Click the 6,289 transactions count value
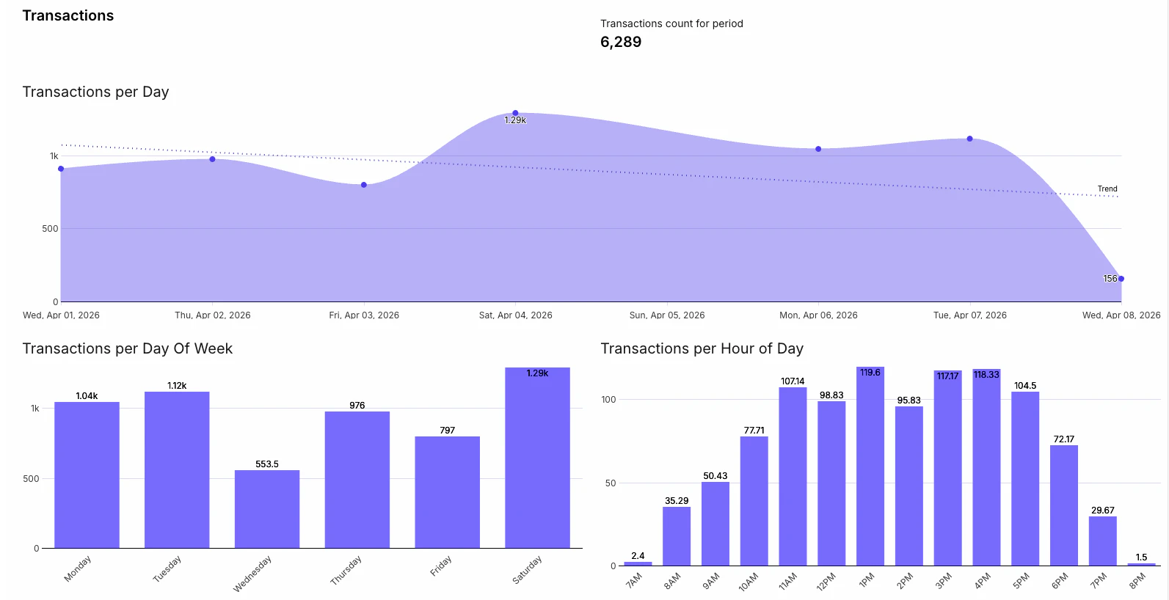[x=621, y=43]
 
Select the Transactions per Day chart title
[x=95, y=92]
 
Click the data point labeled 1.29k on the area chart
[x=515, y=113]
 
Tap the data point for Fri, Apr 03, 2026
[x=364, y=185]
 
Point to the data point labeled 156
[x=1121, y=279]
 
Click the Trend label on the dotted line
[x=1107, y=189]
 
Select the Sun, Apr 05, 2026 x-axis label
[x=667, y=315]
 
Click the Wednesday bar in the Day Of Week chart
[x=267, y=509]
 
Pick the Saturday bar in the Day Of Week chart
[x=537, y=458]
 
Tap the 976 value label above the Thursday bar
[x=357, y=406]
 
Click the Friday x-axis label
[x=441, y=566]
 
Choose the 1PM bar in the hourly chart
[x=870, y=466]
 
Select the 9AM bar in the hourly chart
[x=715, y=523]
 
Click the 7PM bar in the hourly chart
[x=1102, y=541]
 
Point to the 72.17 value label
[x=1064, y=439]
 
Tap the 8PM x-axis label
[x=1137, y=581]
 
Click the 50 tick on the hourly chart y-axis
[x=611, y=483]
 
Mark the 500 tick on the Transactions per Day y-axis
[x=50, y=229]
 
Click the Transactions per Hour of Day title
[x=702, y=348]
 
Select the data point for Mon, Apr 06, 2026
[x=818, y=149]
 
